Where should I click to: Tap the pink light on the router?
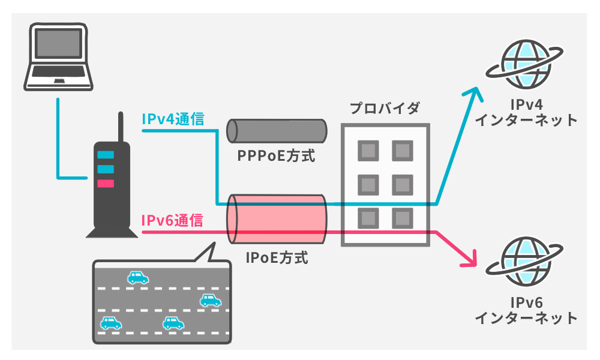coord(105,183)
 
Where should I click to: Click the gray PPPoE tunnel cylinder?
coord(277,130)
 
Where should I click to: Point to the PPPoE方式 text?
coord(276,157)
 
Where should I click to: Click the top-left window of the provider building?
coord(367,149)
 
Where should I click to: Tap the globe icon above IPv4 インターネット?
coord(526,64)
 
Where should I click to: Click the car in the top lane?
coord(137,277)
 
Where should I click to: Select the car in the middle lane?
coord(210,300)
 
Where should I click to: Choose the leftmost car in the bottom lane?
coord(110,323)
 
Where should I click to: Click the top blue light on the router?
coord(105,154)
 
